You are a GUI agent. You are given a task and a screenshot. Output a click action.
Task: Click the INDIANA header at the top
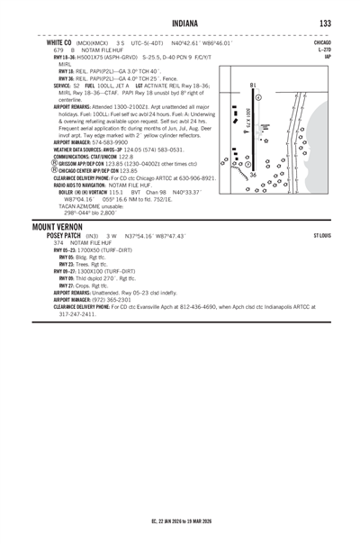[180, 23]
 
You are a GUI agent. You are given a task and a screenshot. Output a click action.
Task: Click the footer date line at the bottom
[180, 521]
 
